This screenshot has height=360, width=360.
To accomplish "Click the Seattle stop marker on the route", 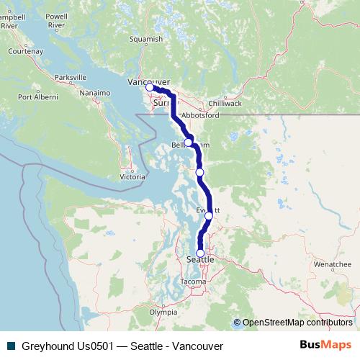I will pos(200,253).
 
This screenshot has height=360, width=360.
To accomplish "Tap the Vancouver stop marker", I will pos(150,87).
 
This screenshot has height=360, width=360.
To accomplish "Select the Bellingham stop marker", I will pos(188,143).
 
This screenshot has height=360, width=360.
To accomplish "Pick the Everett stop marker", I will pos(209,215).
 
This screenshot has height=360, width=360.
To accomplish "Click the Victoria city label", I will pos(132,176).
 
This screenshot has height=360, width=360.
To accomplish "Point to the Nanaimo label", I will pos(95,93).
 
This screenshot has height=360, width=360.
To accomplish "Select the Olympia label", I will pos(163,312).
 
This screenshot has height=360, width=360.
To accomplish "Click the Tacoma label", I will pos(194,281).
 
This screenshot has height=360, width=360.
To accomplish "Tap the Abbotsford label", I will pos(201,115).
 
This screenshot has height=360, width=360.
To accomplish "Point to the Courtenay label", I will pos(27,53).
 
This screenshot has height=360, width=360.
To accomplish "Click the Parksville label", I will pos(71,77).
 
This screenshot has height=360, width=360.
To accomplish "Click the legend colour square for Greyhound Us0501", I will pos(11,346).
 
